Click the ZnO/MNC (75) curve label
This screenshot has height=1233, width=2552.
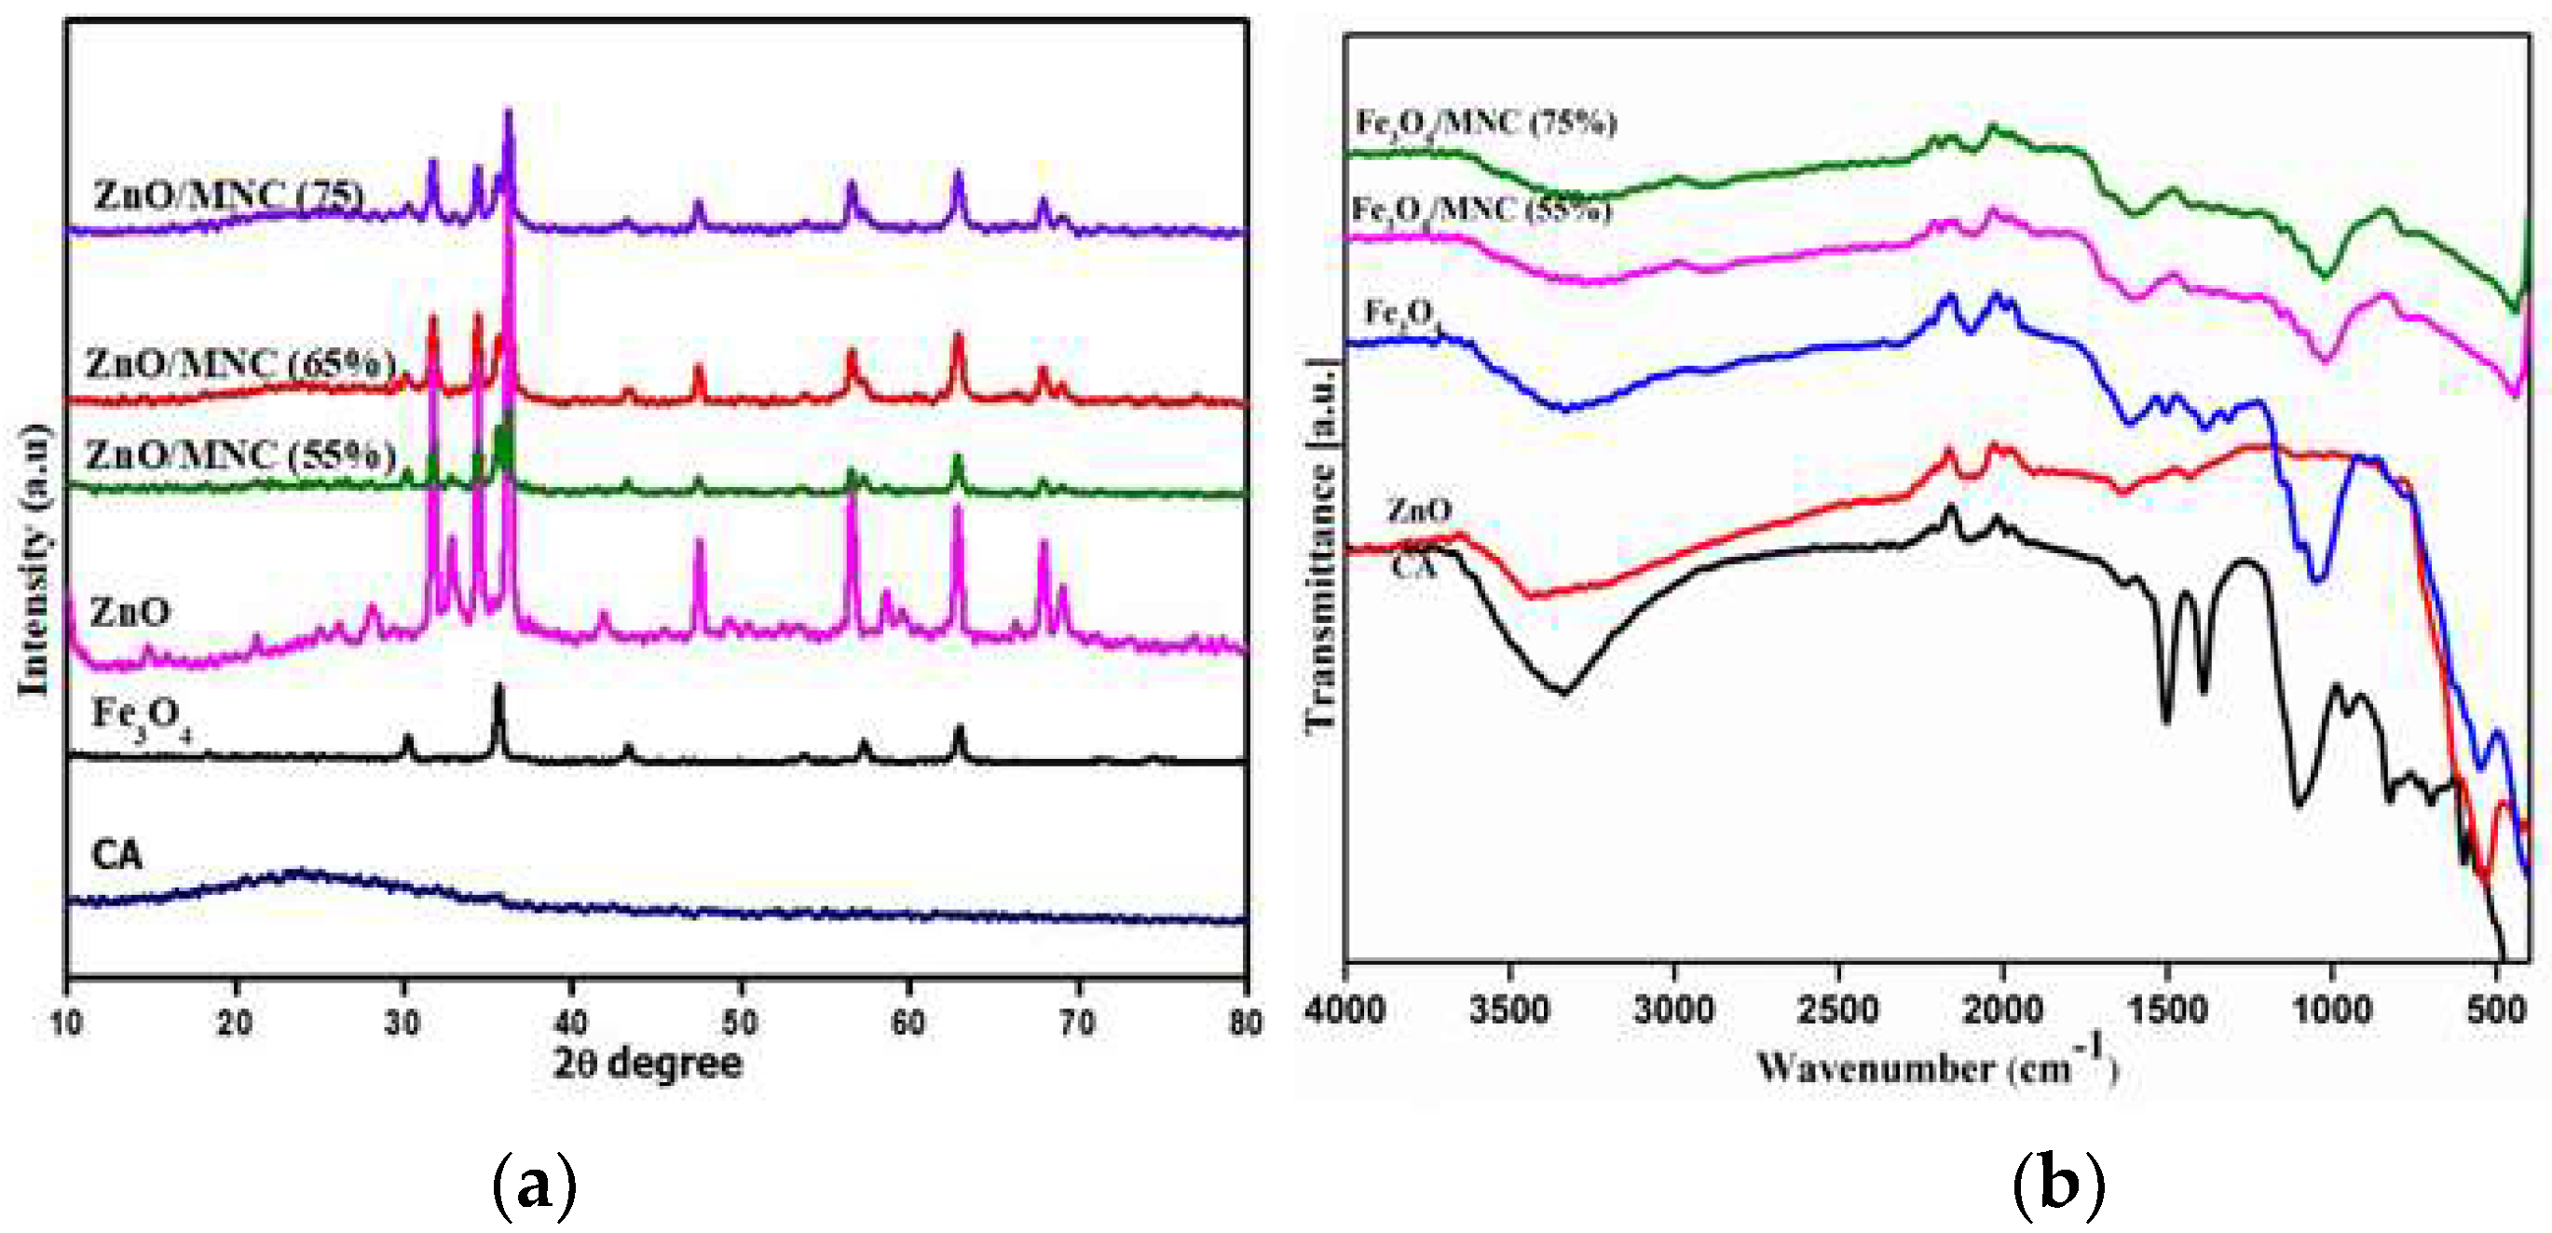click(x=228, y=196)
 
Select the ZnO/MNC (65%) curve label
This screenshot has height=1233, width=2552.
click(x=240, y=364)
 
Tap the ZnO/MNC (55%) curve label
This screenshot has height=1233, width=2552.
click(x=240, y=454)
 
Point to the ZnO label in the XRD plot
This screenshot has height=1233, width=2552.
click(x=130, y=612)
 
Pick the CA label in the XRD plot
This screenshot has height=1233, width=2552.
click(x=116, y=855)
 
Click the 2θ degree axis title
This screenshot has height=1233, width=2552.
click(x=648, y=1064)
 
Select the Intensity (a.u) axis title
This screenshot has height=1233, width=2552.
click(x=33, y=560)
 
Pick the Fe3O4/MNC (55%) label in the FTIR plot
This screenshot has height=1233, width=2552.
click(x=1481, y=210)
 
